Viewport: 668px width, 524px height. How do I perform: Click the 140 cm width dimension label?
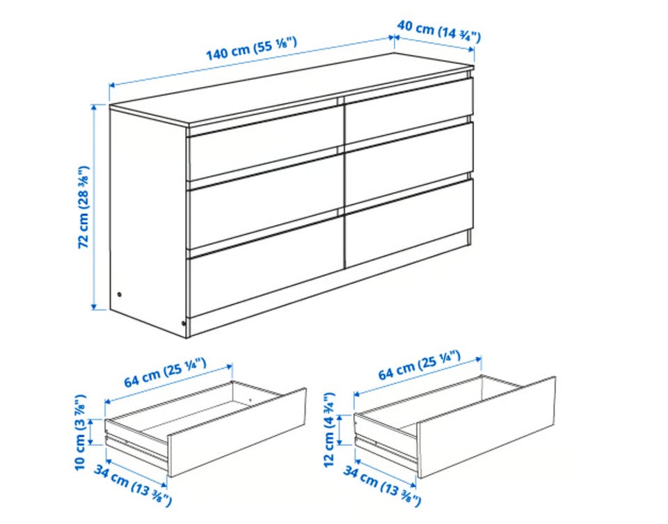252,49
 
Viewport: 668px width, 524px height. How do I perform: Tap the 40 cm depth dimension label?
439,31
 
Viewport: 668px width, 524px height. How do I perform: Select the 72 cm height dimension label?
84,207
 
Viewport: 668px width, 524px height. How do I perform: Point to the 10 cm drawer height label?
81,432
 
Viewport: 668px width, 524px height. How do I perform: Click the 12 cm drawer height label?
329,429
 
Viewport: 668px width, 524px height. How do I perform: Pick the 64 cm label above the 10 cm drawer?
166,373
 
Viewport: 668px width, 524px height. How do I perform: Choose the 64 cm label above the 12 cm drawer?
420,365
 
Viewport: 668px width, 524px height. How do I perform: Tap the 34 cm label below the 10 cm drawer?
133,486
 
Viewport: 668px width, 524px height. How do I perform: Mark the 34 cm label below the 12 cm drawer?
382,486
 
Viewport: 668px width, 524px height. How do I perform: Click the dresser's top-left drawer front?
264,143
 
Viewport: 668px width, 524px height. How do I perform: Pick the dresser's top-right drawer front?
409,110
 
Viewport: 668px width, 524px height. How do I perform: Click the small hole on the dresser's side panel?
119,294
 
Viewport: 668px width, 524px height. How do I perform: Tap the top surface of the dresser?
292,90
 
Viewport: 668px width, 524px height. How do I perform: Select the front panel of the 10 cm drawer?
237,432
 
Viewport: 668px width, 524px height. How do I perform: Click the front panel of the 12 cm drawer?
486,427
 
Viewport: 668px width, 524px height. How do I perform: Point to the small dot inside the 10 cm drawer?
250,400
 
